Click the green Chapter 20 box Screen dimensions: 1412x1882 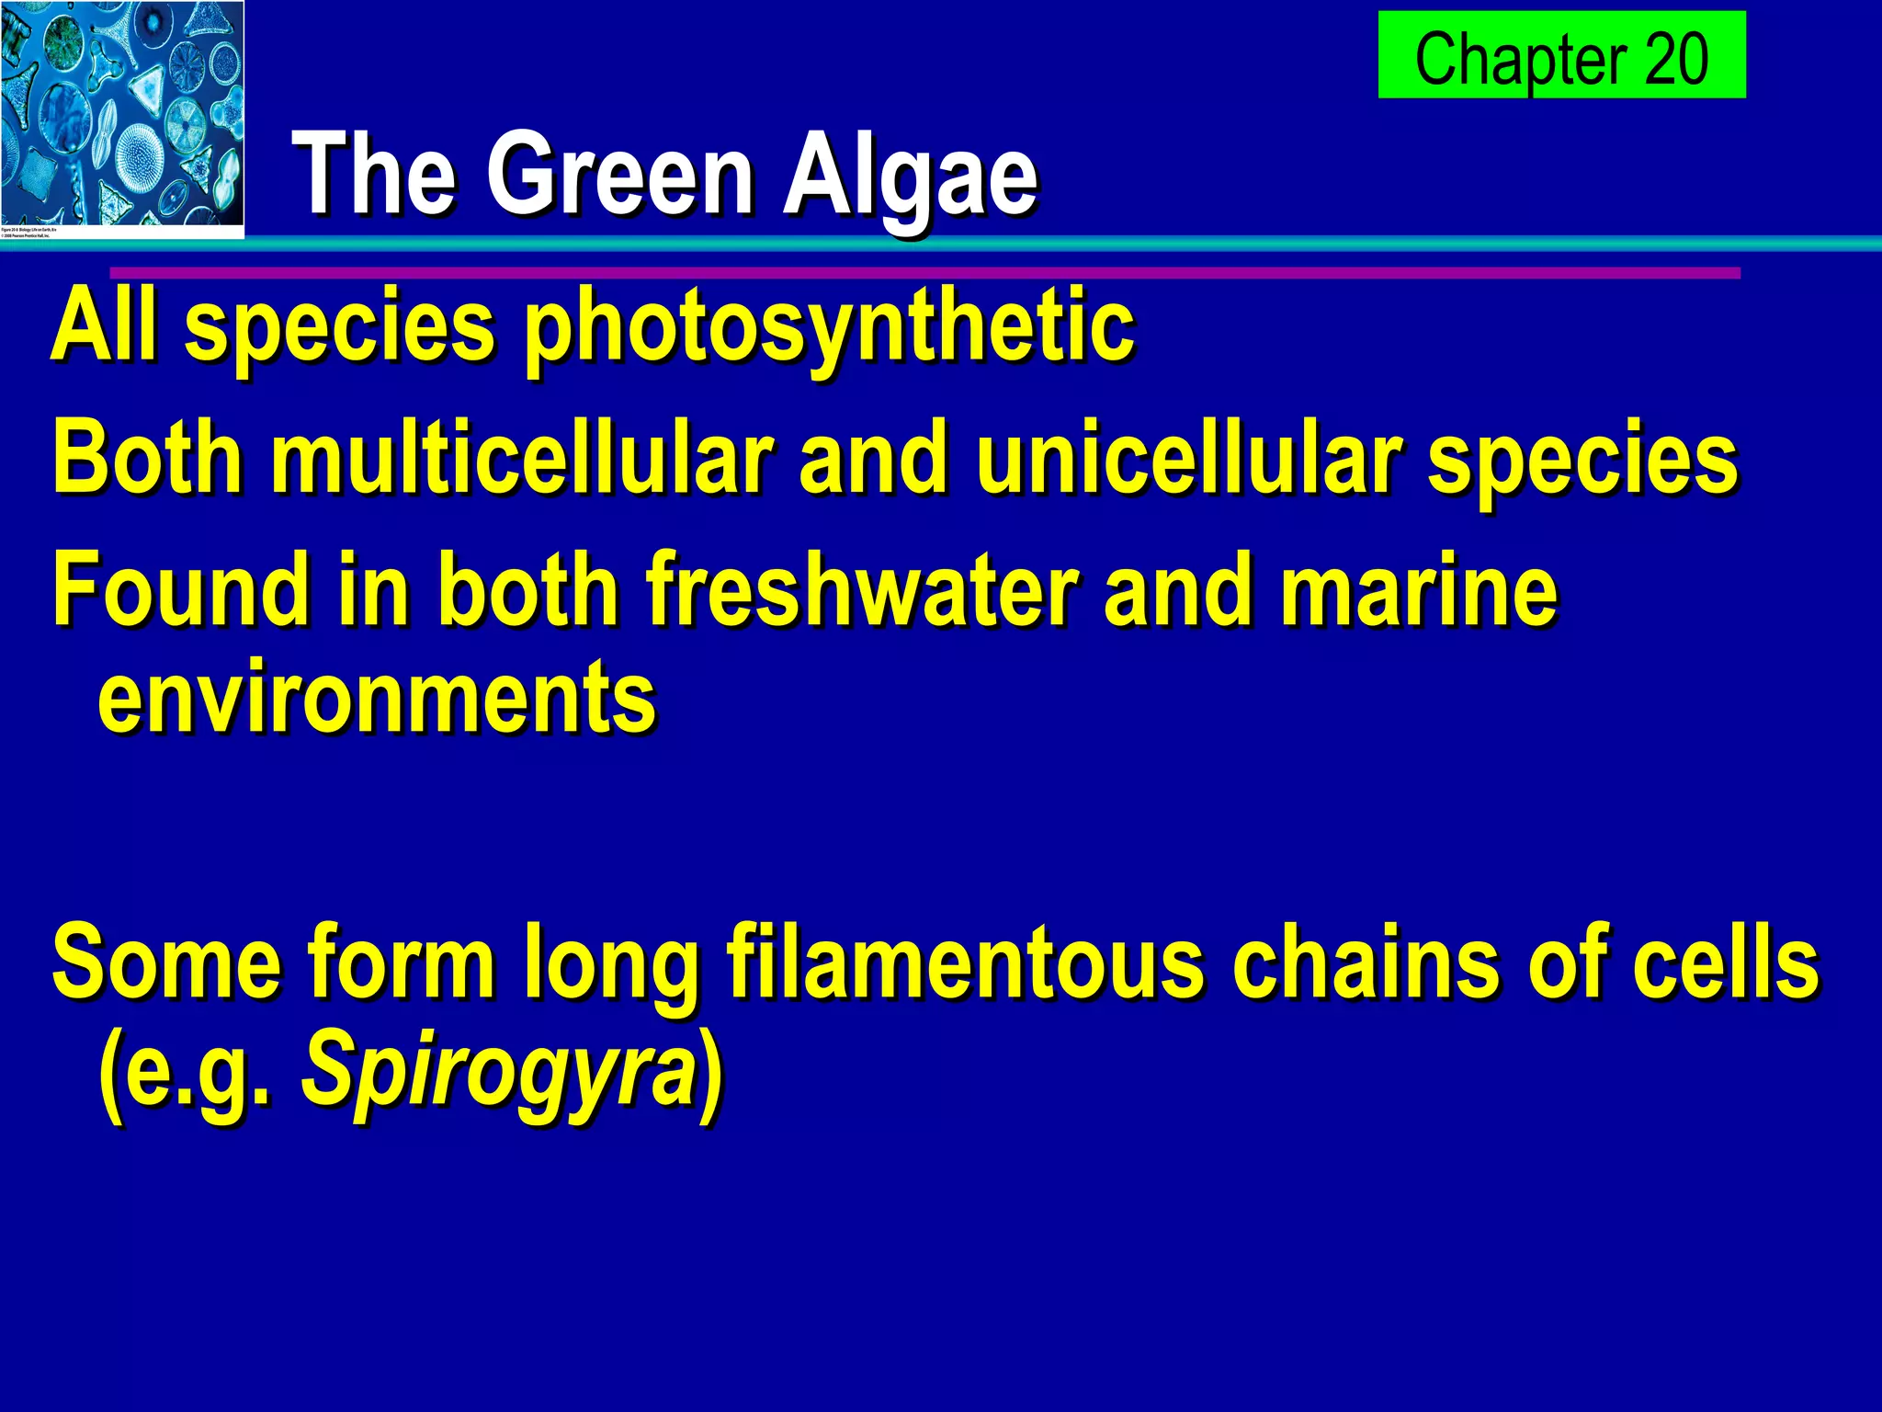1561,55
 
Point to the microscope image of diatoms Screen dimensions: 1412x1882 121,118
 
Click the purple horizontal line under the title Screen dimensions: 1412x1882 924,273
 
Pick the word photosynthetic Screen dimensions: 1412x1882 829,327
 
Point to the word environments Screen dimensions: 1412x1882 377,699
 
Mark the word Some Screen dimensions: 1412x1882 165,962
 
